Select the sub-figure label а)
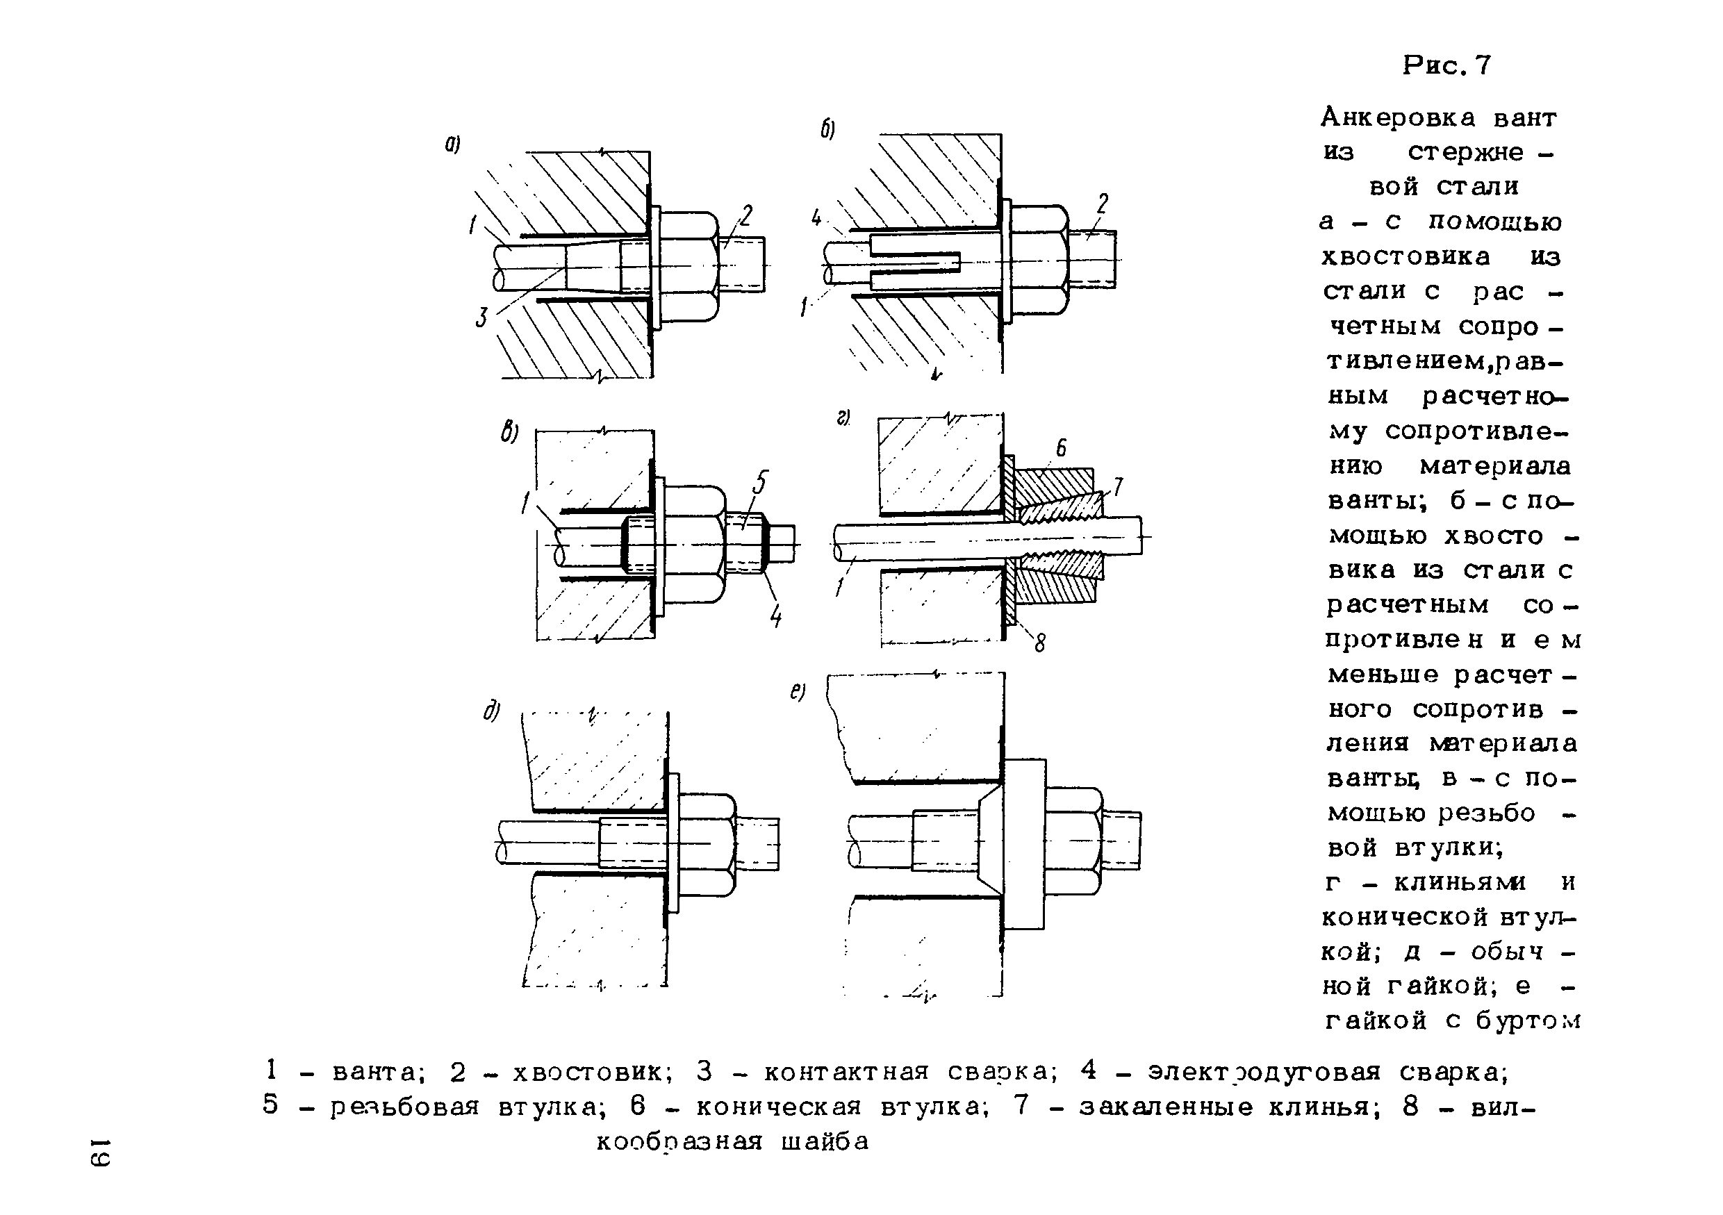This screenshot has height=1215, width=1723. (x=452, y=143)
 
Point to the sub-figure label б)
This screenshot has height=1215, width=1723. (x=827, y=130)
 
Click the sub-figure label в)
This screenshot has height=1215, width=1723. (x=509, y=432)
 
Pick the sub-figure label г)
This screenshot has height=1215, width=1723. (x=843, y=418)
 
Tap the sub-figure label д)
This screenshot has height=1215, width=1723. (x=491, y=711)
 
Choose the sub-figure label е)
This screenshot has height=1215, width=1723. (x=797, y=691)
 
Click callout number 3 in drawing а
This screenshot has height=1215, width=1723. (x=481, y=317)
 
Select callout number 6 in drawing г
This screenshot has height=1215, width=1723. (x=1061, y=448)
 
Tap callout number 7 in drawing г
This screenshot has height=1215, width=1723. (x=1117, y=487)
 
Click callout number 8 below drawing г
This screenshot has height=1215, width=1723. (x=1039, y=643)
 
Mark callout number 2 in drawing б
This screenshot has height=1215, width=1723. (x=1103, y=204)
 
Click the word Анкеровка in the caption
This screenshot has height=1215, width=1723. (x=1397, y=118)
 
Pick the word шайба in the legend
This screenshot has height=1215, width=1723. (x=825, y=1141)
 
